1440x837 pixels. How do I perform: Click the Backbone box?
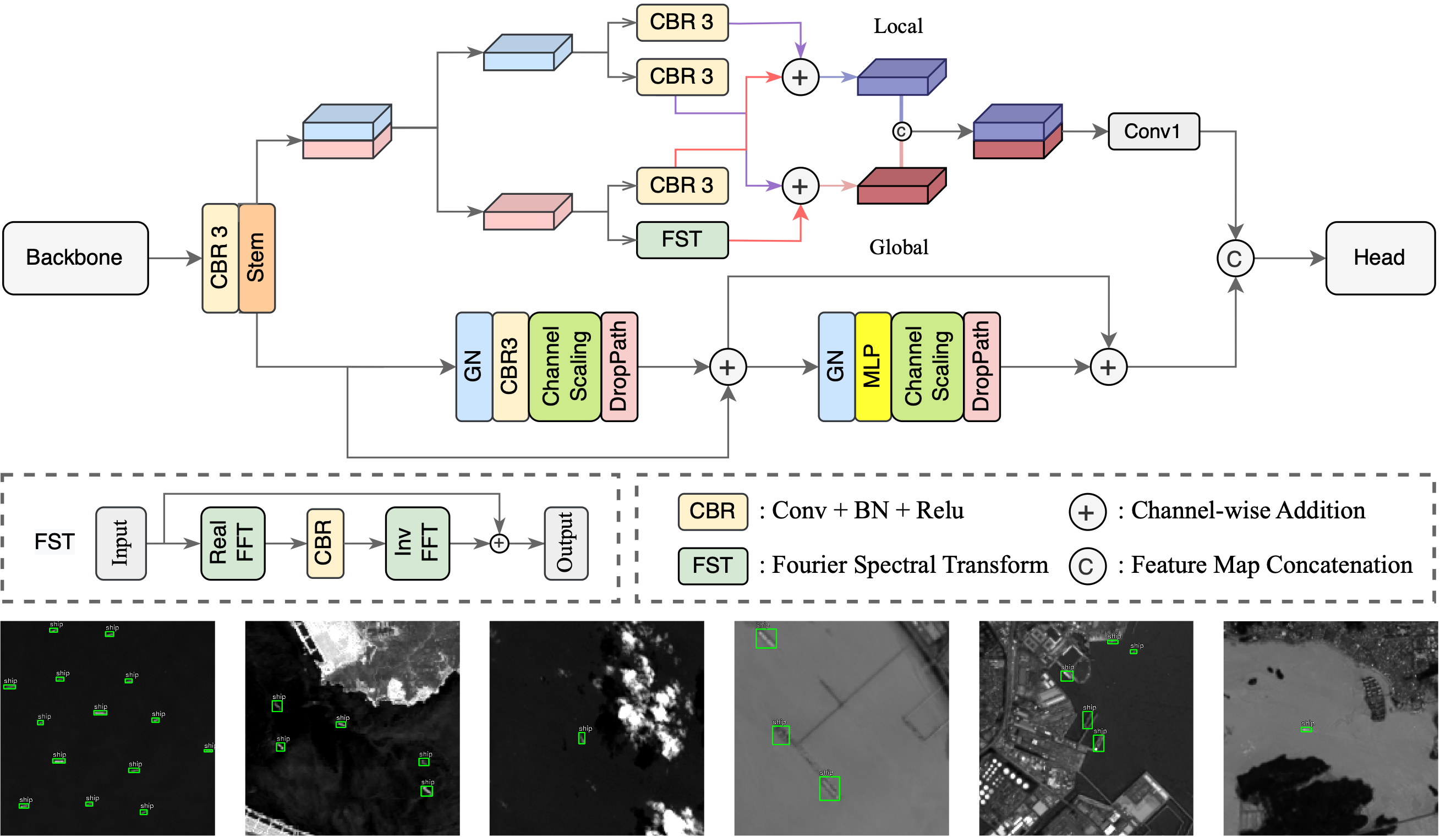point(75,258)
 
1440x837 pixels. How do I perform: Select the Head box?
point(1379,258)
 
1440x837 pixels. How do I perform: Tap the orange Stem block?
point(256,258)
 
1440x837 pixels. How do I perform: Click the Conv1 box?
point(1153,132)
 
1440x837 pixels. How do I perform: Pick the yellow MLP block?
point(873,366)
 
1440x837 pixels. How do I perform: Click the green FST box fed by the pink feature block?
point(682,239)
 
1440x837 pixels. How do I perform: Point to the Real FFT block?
point(233,543)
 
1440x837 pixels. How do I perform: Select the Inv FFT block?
point(417,543)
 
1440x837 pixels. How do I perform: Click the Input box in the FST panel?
point(121,543)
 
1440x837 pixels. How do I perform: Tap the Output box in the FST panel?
point(566,543)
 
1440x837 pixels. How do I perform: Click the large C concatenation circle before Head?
point(1235,258)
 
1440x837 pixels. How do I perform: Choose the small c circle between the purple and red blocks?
point(901,132)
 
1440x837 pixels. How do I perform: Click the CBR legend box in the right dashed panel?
point(713,511)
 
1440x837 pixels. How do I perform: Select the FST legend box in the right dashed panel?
point(713,566)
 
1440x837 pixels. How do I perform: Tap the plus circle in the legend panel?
point(1087,512)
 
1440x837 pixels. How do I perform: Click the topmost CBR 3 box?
point(682,22)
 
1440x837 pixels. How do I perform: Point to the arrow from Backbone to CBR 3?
point(174,258)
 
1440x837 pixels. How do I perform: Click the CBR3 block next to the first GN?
point(510,366)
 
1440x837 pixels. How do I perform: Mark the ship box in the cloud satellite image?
point(582,738)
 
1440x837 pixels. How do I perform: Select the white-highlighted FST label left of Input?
point(54,541)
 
